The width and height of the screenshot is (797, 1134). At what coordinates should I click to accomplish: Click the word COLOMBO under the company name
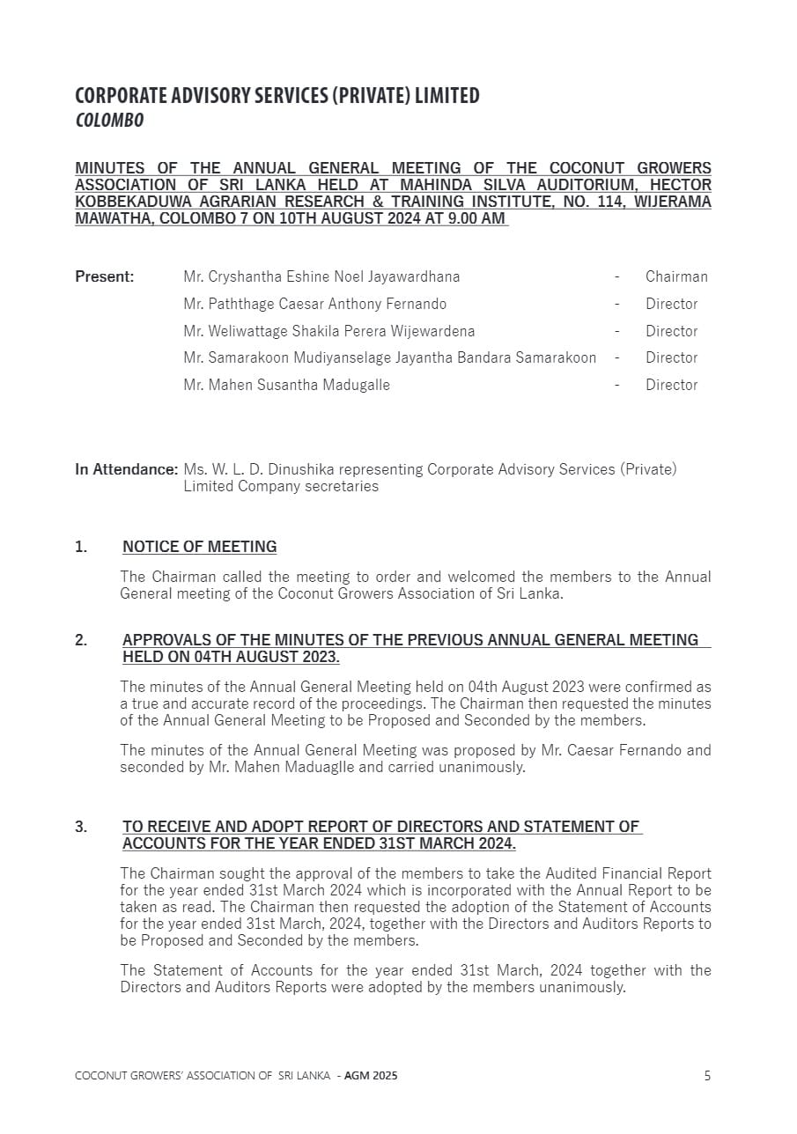[109, 121]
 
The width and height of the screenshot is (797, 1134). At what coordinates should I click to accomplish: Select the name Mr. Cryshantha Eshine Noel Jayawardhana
[321, 276]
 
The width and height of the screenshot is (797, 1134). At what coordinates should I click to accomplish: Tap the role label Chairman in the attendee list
[676, 276]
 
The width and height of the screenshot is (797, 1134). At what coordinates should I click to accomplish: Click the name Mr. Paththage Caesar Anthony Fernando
[314, 304]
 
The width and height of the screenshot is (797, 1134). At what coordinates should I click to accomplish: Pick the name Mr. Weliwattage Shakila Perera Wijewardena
[328, 331]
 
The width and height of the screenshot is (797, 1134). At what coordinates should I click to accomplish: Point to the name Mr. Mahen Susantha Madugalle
[286, 385]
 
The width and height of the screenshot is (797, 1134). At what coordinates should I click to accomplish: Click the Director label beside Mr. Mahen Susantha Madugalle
[671, 385]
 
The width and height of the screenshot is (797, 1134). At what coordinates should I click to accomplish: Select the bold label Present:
[105, 276]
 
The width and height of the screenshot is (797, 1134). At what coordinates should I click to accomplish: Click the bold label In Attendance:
[126, 469]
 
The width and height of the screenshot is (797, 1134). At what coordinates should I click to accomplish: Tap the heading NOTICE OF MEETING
[199, 547]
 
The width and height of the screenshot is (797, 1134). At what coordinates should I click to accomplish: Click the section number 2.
[81, 640]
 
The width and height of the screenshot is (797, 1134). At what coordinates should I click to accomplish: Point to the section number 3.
[81, 827]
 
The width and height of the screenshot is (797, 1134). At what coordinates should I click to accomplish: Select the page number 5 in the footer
[707, 1075]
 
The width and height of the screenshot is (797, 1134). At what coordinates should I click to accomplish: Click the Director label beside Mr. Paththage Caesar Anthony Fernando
[671, 304]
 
